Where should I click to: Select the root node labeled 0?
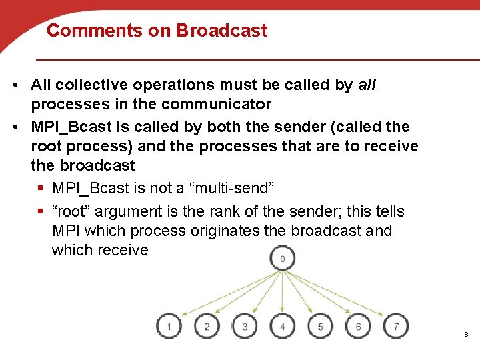(x=283, y=259)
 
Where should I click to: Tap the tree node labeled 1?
(x=169, y=327)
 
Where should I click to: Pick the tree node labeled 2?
(x=207, y=327)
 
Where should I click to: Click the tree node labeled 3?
(x=245, y=327)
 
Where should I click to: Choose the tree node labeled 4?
(x=283, y=327)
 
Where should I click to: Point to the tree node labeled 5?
(x=321, y=327)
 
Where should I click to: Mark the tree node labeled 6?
(x=359, y=327)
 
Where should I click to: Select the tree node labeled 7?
(x=397, y=327)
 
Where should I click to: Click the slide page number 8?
(x=465, y=333)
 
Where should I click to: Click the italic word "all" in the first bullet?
(x=367, y=85)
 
